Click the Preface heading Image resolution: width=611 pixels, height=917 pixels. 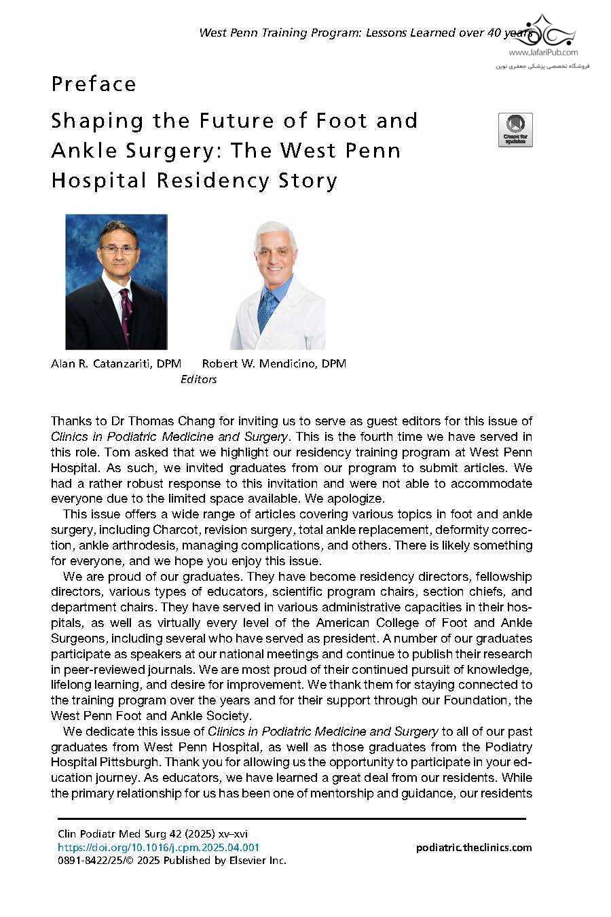pos(94,84)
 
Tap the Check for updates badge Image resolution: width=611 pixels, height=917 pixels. pos(515,130)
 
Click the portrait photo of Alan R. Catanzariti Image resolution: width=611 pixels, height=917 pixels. pos(116,281)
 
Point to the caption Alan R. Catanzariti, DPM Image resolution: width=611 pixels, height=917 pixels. pos(116,363)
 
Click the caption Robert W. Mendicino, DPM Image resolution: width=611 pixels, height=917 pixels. pos(274,363)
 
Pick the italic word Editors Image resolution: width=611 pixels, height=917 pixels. pos(198,380)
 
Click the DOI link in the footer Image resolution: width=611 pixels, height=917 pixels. pos(158,847)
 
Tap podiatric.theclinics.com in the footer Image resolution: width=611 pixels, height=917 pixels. pos(473,847)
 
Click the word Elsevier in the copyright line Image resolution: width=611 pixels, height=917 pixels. pos(244,861)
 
